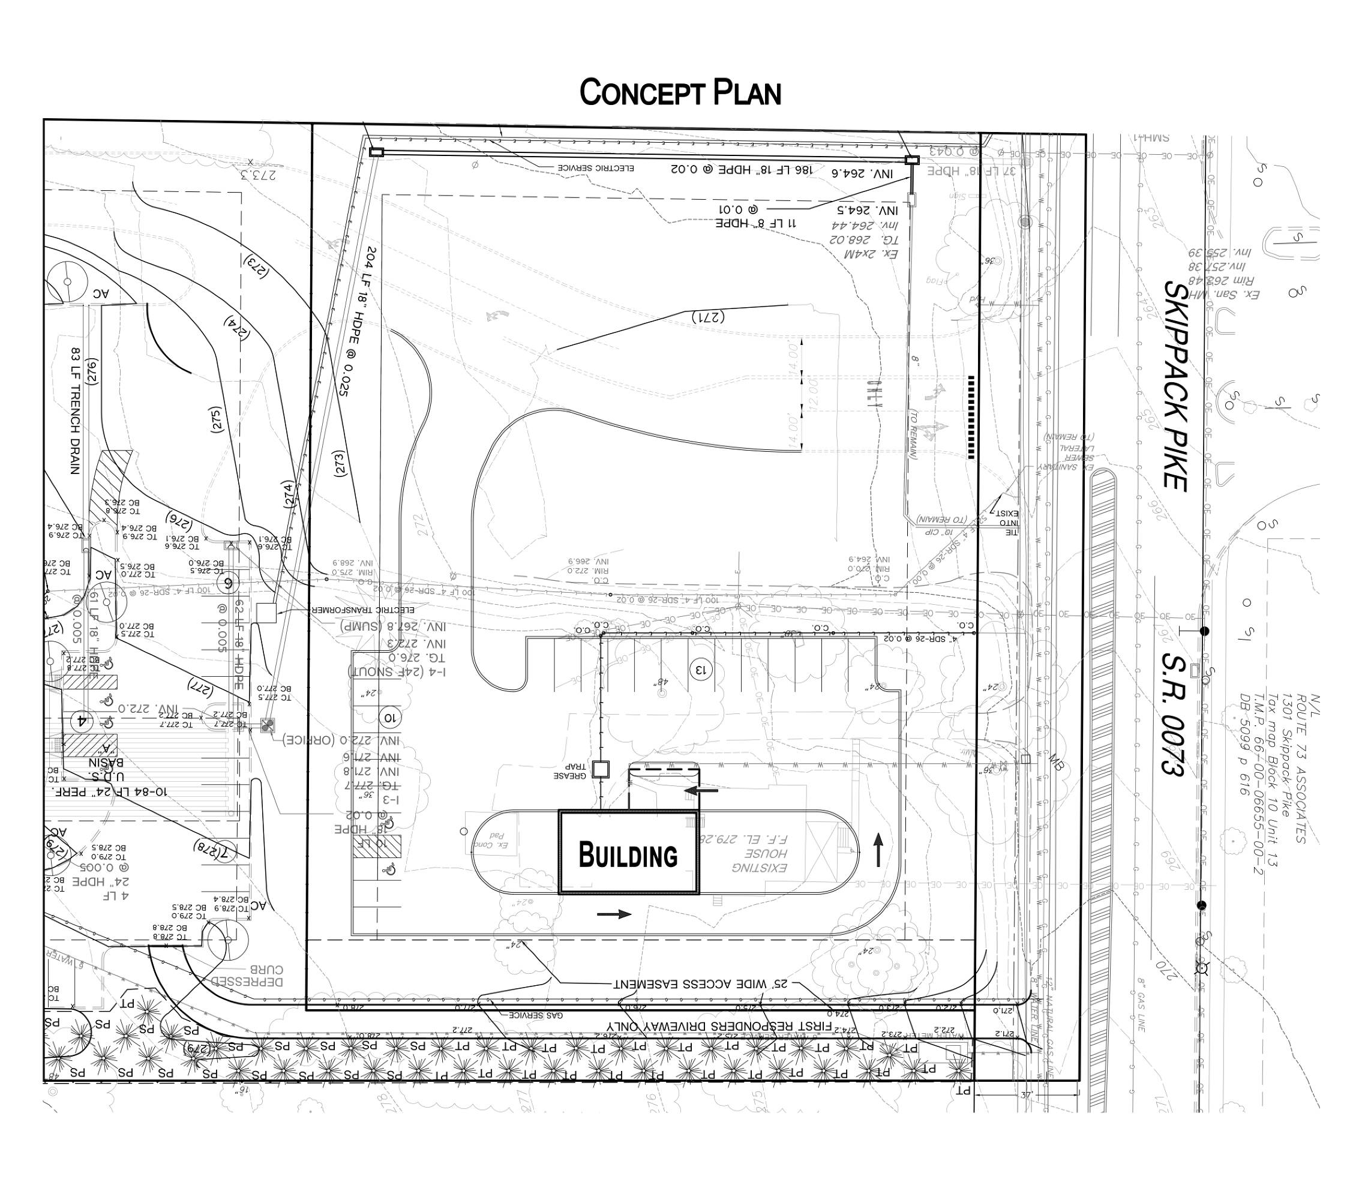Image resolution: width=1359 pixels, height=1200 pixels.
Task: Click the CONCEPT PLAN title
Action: click(x=679, y=93)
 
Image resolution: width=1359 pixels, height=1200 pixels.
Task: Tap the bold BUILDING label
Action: click(x=628, y=855)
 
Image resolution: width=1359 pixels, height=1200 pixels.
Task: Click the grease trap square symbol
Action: click(x=601, y=769)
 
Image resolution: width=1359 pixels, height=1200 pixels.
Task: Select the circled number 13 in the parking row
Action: click(x=700, y=668)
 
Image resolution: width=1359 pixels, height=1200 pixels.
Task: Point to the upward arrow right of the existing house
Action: click(x=878, y=851)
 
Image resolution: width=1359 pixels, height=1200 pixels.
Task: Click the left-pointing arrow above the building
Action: click(x=701, y=790)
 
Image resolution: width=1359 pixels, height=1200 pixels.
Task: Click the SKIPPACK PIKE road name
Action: click(x=1175, y=386)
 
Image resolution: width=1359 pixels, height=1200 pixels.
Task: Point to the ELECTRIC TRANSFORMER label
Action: click(x=363, y=610)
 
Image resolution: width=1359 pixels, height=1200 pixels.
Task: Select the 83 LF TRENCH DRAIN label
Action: click(x=75, y=410)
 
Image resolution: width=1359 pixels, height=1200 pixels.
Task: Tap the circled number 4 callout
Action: click(x=82, y=721)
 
